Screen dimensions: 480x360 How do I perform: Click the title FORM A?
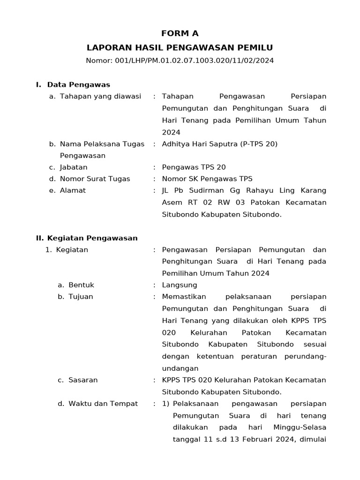pyautogui.click(x=180, y=33)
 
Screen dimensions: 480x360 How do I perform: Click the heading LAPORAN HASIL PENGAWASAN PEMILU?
pyautogui.click(x=180, y=47)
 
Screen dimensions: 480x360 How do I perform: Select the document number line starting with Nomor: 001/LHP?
pyautogui.click(x=180, y=60)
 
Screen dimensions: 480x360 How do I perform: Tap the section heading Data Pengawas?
pyautogui.click(x=78, y=85)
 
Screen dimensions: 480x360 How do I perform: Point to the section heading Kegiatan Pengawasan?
pyautogui.click(x=92, y=238)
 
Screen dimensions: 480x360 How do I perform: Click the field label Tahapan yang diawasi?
pyautogui.click(x=100, y=97)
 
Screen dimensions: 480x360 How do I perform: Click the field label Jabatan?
pyautogui.click(x=74, y=167)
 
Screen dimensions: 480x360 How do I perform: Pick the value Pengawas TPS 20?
pyautogui.click(x=190, y=167)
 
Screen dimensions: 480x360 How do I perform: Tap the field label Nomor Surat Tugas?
pyautogui.click(x=95, y=179)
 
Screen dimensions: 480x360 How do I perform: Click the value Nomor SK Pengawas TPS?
pyautogui.click(x=207, y=179)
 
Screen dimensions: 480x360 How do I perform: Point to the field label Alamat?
pyautogui.click(x=73, y=191)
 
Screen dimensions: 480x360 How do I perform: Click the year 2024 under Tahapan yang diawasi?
pyautogui.click(x=171, y=132)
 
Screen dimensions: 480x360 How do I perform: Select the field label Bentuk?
pyautogui.click(x=81, y=285)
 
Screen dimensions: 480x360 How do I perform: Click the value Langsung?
pyautogui.click(x=180, y=285)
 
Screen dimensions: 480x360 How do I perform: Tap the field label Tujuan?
pyautogui.click(x=81, y=297)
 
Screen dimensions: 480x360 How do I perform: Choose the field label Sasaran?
pyautogui.click(x=83, y=380)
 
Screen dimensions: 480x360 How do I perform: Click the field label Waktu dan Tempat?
pyautogui.click(x=103, y=404)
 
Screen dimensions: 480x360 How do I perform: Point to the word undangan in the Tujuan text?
pyautogui.click(x=180, y=368)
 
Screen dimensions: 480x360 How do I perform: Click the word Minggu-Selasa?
pyautogui.click(x=300, y=427)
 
